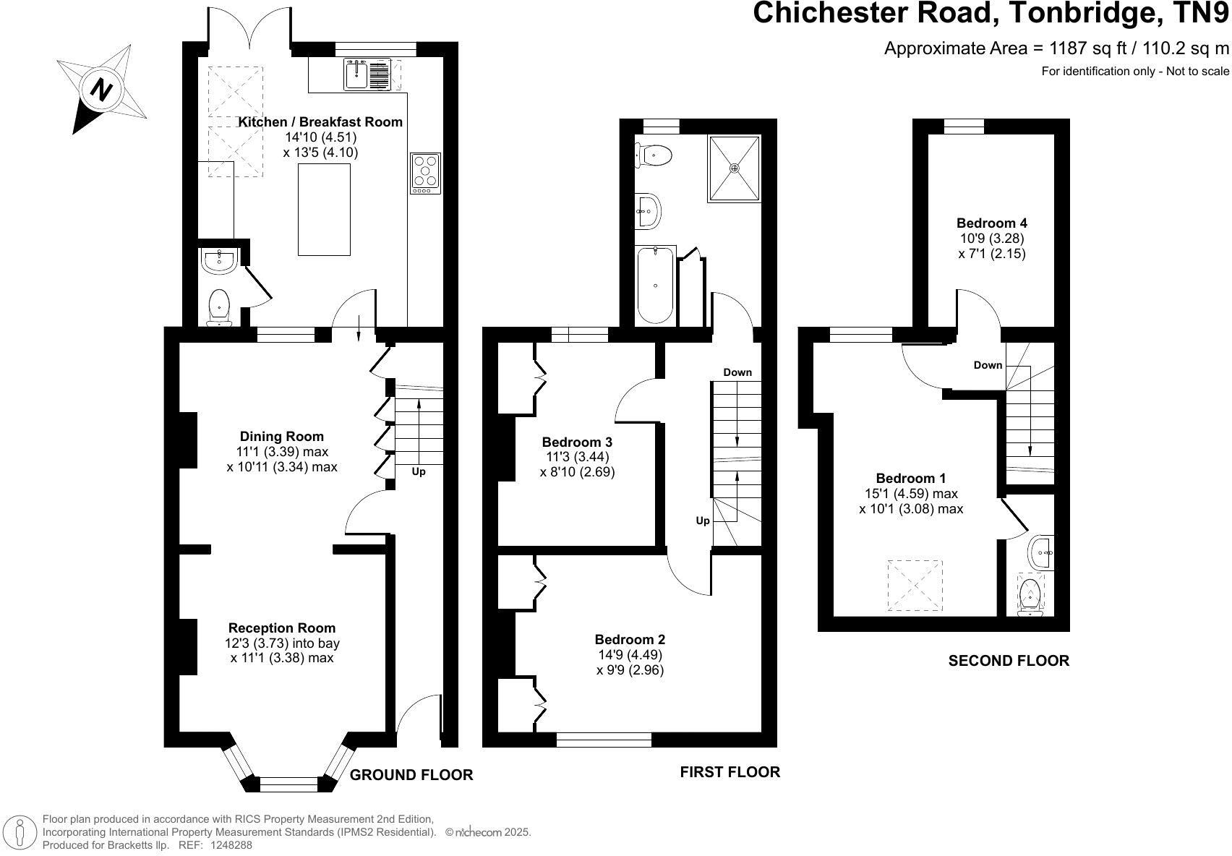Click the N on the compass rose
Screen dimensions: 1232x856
(x=100, y=89)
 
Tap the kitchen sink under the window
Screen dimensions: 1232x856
(x=367, y=74)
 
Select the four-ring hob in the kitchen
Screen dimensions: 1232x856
(x=425, y=174)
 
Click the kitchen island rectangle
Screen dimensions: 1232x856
(x=324, y=210)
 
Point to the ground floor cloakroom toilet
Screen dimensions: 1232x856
(x=219, y=307)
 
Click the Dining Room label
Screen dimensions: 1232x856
(x=281, y=436)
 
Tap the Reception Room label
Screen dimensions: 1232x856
(x=281, y=628)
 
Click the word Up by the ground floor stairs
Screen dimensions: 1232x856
(x=419, y=471)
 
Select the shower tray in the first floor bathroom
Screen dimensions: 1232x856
(x=735, y=168)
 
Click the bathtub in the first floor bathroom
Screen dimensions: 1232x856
(x=656, y=285)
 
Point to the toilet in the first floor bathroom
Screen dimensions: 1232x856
(x=653, y=155)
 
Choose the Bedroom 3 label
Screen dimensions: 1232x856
(x=577, y=442)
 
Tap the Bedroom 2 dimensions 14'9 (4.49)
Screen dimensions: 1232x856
(x=630, y=655)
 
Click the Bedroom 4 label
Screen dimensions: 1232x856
(x=992, y=223)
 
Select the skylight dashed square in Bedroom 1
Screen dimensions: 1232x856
(x=914, y=586)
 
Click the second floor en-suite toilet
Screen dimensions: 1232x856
(x=1030, y=595)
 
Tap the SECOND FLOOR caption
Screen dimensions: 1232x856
(x=1009, y=661)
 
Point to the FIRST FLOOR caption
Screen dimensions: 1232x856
(x=730, y=772)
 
